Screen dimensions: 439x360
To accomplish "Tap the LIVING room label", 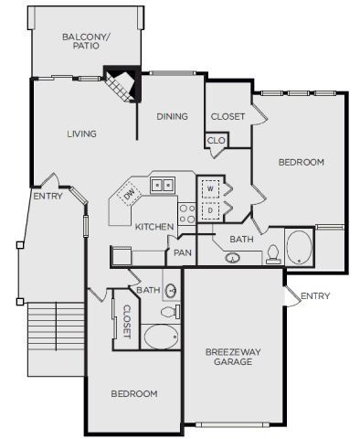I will [81, 134].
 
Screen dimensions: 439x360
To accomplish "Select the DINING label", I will [172, 116].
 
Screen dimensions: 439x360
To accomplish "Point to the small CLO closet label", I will [216, 140].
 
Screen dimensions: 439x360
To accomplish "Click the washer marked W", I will [211, 188].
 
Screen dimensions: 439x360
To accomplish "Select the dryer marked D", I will [211, 210].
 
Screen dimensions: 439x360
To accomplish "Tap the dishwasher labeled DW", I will [129, 194].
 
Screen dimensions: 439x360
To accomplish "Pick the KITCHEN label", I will [154, 226].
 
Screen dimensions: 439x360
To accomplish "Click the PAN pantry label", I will [183, 252].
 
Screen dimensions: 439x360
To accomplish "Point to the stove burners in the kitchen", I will [186, 213].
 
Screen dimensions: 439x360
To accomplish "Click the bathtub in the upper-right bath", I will [299, 247].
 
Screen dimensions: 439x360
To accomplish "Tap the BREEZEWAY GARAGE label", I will [228, 355].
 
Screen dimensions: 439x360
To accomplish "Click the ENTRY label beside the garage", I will [315, 295].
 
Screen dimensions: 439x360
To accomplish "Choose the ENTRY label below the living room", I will [48, 196].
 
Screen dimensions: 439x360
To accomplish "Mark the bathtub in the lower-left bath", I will [163, 337].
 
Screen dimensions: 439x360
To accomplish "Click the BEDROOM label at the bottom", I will [134, 393].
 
